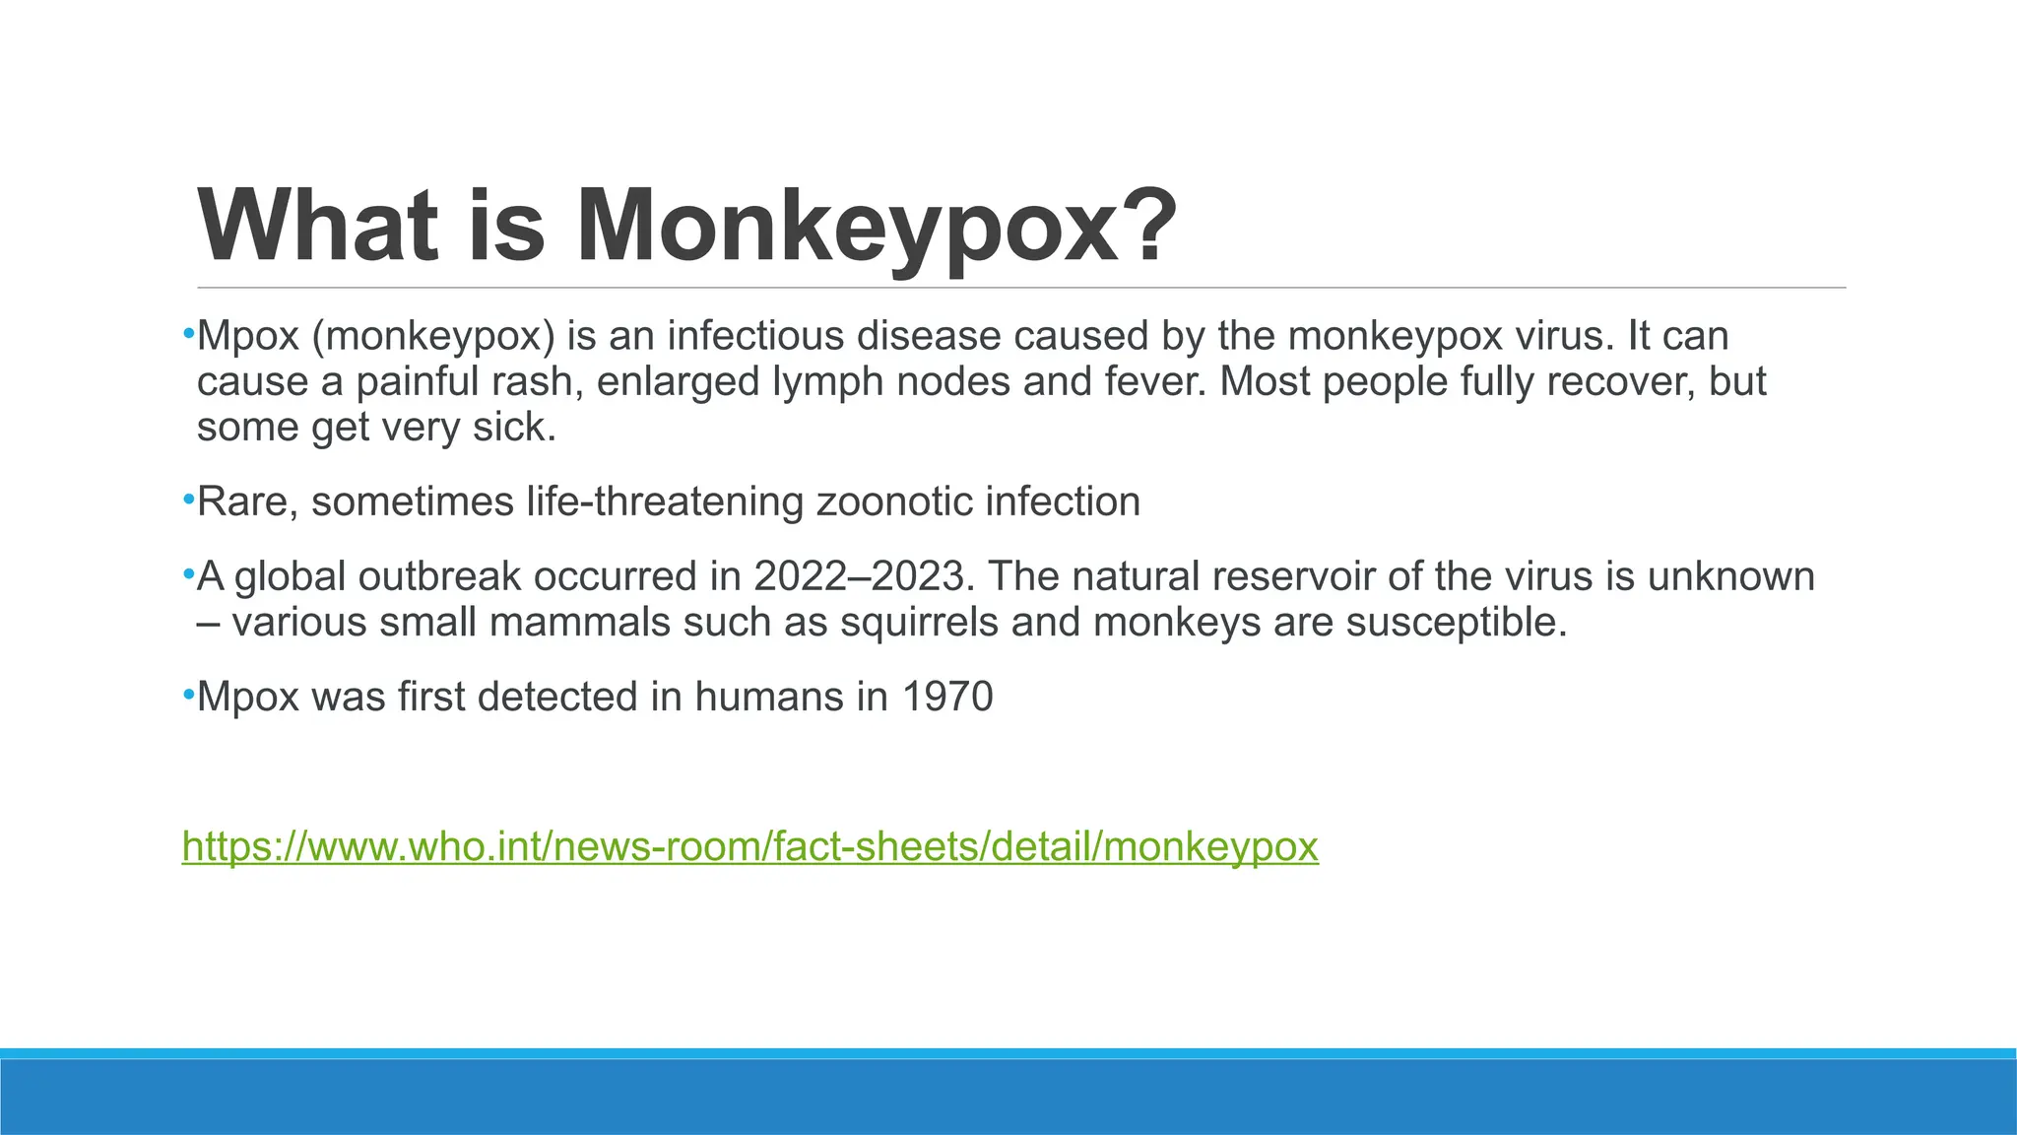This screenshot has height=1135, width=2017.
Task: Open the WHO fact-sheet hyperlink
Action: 749,846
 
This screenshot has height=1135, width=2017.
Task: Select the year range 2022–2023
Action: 864,576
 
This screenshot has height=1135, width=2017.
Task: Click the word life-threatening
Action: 666,502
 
